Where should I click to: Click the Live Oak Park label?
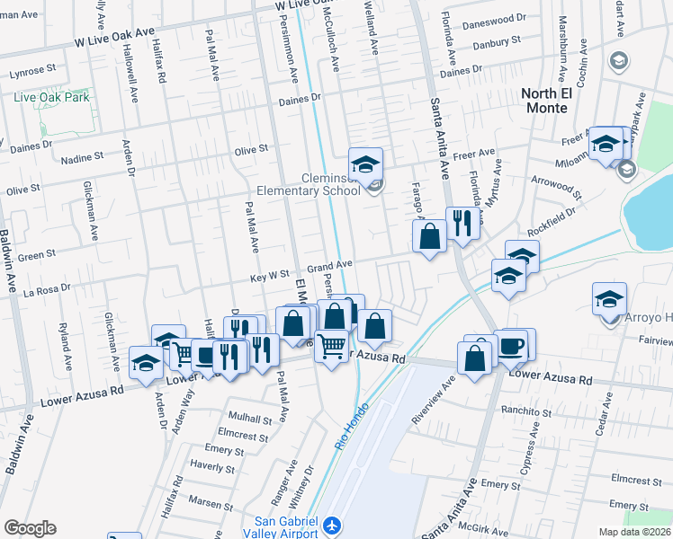point(50,97)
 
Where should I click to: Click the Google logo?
point(30,528)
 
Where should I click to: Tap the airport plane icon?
point(333,525)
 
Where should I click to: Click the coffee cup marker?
point(513,346)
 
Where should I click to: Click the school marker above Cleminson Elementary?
point(366,164)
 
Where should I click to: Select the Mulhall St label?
point(250,419)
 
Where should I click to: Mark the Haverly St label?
point(213,466)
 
